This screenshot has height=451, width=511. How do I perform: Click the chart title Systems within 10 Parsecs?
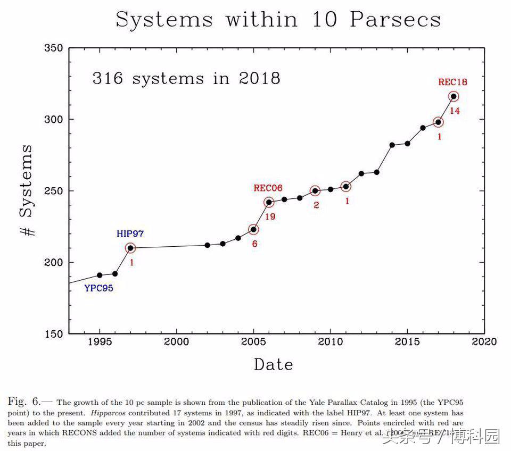coord(278,20)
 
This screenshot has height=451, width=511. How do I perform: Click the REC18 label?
coord(452,82)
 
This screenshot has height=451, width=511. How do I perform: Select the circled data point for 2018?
coord(454,96)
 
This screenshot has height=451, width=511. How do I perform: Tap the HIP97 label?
coord(130,233)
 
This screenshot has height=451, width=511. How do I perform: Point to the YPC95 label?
coord(98,288)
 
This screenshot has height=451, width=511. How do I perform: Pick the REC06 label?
coord(268,188)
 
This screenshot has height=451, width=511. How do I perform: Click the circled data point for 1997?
coord(130,248)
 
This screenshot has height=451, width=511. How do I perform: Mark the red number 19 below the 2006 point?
coord(270,216)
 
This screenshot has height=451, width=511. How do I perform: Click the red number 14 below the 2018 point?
coord(455,111)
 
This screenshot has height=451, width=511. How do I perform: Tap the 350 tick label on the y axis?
coord(53,48)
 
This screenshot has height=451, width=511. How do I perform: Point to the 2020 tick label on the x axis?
coord(484,341)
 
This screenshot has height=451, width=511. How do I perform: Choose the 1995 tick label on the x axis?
coord(100,341)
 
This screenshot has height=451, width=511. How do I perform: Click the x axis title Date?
coord(273,365)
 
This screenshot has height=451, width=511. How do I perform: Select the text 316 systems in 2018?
coord(186,79)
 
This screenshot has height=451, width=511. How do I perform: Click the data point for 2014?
coord(392,145)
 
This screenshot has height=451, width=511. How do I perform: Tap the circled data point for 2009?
coord(315,190)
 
